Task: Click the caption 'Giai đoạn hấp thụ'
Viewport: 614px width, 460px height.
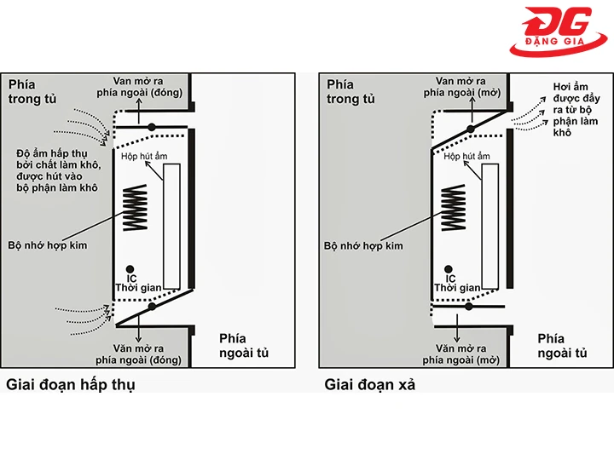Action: point(71,384)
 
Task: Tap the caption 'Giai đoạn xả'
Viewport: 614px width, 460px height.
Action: point(370,384)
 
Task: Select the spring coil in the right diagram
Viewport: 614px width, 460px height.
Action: point(452,208)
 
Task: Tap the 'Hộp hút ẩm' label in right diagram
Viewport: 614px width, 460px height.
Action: point(466,157)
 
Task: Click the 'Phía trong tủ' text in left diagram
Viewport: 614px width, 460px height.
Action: point(32,91)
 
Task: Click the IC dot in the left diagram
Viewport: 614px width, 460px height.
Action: point(130,268)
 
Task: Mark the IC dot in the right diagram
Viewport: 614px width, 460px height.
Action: point(449,268)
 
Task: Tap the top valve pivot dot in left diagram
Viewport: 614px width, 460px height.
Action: point(151,127)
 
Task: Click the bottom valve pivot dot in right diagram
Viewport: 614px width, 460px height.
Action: point(471,308)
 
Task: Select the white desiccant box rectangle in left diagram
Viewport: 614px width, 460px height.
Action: point(171,226)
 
